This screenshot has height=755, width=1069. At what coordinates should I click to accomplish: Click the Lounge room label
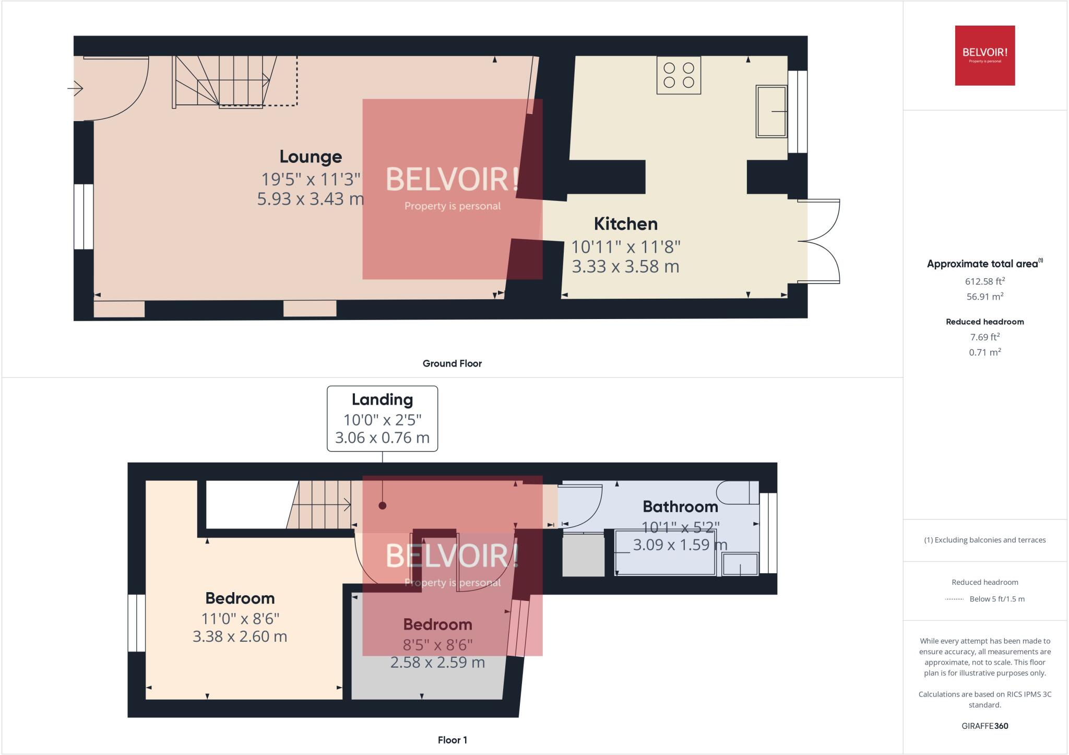coord(311,156)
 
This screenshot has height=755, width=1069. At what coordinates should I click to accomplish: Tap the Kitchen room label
coord(625,223)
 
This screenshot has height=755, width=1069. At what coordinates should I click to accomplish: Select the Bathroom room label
coord(680,506)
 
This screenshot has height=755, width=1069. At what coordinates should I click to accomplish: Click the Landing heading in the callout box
coord(382,400)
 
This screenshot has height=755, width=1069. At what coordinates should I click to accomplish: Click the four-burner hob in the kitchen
coord(679,75)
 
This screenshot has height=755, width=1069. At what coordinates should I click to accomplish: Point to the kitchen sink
coord(771,111)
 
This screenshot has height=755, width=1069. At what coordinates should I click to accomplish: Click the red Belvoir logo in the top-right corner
coord(985,55)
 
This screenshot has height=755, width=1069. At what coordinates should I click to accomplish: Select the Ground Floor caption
coord(452,363)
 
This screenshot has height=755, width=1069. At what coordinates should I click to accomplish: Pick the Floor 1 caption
coord(452,740)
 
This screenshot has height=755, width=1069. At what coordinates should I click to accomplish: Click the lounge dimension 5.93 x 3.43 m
coord(311,199)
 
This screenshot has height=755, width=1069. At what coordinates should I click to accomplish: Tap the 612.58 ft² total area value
coord(985,281)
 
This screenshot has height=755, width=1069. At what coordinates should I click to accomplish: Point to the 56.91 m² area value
coord(985,296)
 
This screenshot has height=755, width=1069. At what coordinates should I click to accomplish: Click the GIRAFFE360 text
coord(985,726)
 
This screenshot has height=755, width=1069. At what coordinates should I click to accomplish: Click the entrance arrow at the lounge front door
coord(75,89)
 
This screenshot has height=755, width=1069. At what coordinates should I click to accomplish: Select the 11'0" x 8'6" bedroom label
coord(240,619)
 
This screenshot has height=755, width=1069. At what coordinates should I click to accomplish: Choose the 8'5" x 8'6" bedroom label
coord(437,645)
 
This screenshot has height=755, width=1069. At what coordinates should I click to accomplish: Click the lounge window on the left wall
coord(84,217)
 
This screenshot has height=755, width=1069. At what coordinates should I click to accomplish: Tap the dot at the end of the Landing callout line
coord(383,505)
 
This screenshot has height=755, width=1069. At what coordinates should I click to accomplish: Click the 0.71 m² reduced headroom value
coord(985,352)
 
